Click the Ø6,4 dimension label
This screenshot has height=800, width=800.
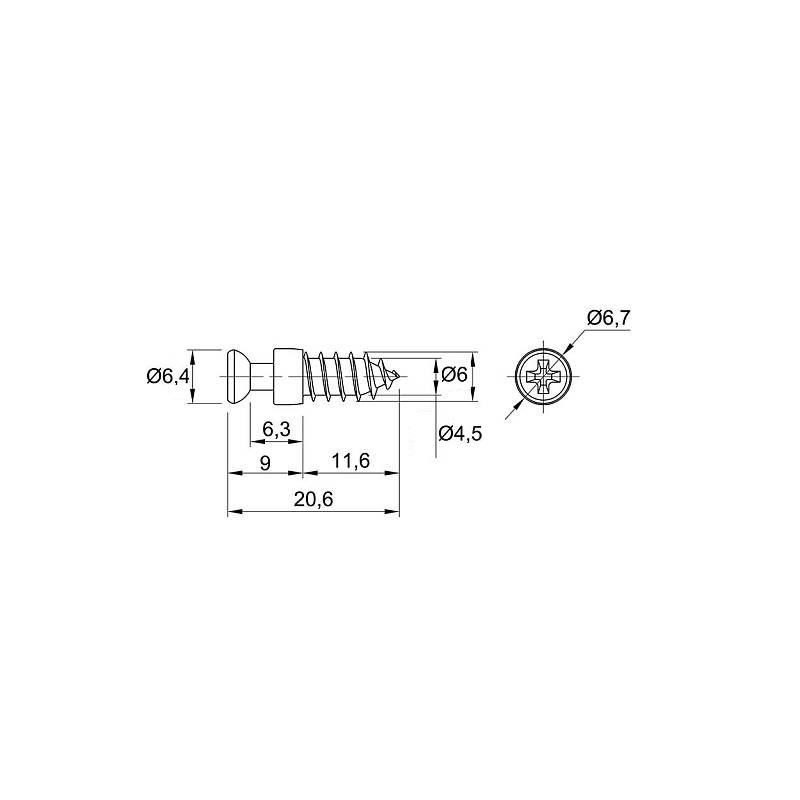click(x=168, y=377)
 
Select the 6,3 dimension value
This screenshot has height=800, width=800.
click(x=276, y=430)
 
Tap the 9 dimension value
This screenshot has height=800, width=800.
click(x=265, y=463)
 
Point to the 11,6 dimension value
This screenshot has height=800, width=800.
click(x=351, y=461)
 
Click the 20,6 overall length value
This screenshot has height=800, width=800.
click(x=313, y=499)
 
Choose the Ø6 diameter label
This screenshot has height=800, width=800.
click(x=454, y=375)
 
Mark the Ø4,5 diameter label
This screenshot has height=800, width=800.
click(x=460, y=434)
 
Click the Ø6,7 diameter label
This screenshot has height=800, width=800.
click(x=609, y=318)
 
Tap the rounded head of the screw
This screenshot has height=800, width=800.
click(x=237, y=377)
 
